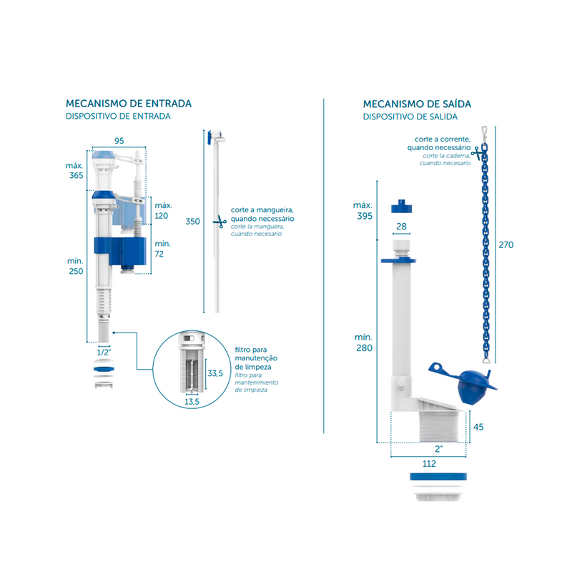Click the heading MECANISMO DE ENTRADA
pyautogui.click(x=128, y=104)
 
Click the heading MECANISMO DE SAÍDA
pyautogui.click(x=417, y=104)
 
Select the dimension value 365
pyautogui.click(x=76, y=176)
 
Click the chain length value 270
pyautogui.click(x=506, y=244)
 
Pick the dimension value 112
pyautogui.click(x=428, y=463)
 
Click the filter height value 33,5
pyautogui.click(x=215, y=373)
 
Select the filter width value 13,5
pyautogui.click(x=192, y=403)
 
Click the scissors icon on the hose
pyautogui.click(x=218, y=222)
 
